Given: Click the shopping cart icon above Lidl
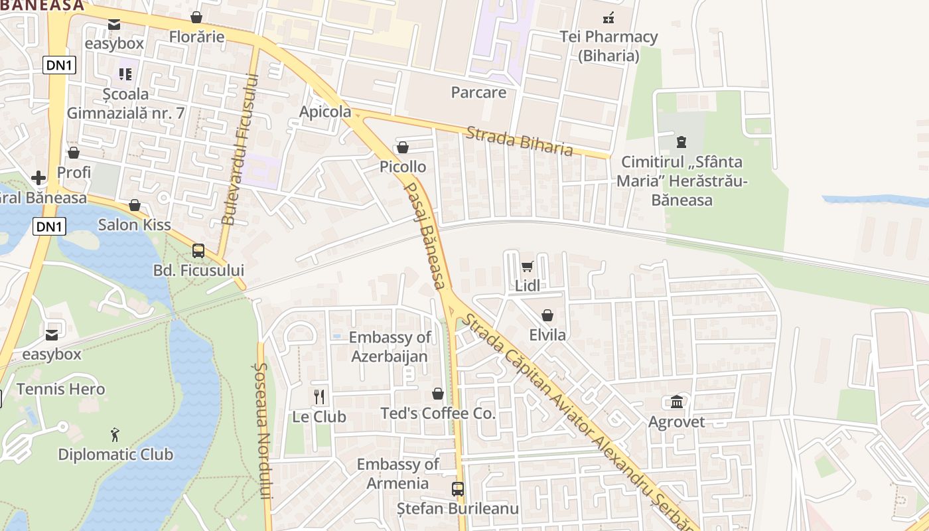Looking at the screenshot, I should click(x=527, y=266).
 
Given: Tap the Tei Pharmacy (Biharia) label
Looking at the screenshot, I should click(x=608, y=46).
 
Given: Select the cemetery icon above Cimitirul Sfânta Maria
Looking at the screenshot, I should click(x=681, y=141).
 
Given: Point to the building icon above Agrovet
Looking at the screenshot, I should click(x=677, y=402).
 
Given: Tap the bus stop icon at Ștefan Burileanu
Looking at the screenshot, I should click(x=458, y=489).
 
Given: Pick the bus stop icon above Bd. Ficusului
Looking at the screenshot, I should click(x=198, y=250).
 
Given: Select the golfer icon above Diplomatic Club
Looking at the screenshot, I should click(x=115, y=435).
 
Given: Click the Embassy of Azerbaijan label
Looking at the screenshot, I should click(x=390, y=346).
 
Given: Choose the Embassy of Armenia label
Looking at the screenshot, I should click(x=397, y=473).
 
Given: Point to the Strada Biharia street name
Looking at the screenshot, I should click(x=519, y=141).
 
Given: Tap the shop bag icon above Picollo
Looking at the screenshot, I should click(x=402, y=147).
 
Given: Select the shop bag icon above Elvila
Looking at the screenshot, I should click(x=547, y=315).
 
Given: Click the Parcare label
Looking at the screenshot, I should click(x=478, y=92).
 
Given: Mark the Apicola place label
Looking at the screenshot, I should click(x=325, y=112).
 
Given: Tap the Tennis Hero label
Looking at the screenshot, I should click(x=60, y=389).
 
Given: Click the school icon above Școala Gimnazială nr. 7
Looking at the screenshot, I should click(x=125, y=74).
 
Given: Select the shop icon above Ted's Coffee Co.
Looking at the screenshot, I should click(x=438, y=394).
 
